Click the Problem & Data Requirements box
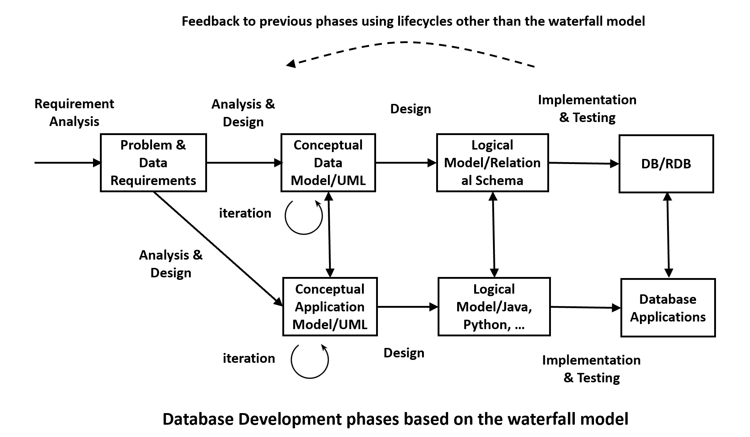[x=153, y=163]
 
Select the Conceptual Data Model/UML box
[x=328, y=163]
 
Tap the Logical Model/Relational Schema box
[x=492, y=163]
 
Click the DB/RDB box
[x=666, y=164]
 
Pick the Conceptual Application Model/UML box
[x=330, y=307]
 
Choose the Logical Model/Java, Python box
[x=494, y=307]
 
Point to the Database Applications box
[x=668, y=308]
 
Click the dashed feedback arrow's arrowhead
[x=291, y=64]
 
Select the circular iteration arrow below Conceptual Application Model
[x=309, y=361]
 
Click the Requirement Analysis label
[x=74, y=112]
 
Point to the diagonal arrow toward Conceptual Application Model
[x=217, y=248]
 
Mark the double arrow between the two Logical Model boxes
[x=494, y=235]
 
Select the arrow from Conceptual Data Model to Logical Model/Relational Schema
[x=406, y=163]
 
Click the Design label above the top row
[x=410, y=109]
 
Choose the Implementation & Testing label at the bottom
[x=591, y=369]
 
